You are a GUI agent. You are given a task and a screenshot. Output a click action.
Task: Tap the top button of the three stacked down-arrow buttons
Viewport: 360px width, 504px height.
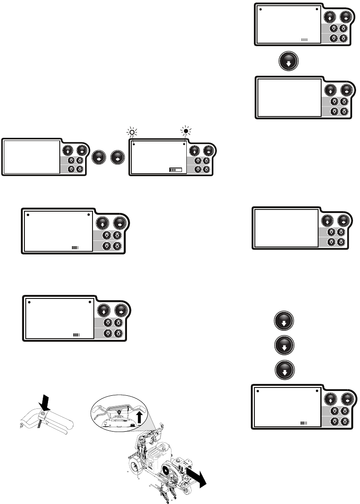point(284,321)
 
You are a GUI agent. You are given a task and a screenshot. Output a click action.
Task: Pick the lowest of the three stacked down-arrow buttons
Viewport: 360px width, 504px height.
point(284,371)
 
